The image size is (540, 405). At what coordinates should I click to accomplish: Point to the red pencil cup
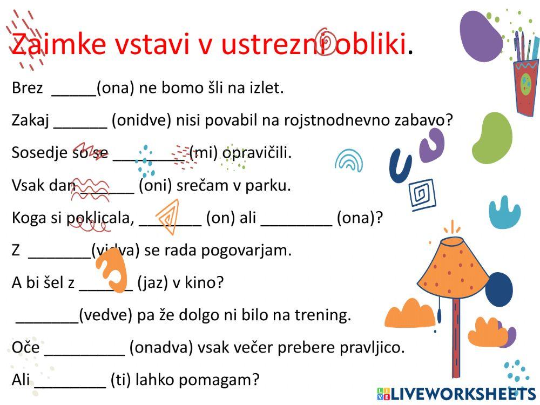524,86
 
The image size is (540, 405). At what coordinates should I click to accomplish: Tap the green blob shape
492,137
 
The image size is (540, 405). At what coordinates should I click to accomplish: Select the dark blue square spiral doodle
421,194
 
